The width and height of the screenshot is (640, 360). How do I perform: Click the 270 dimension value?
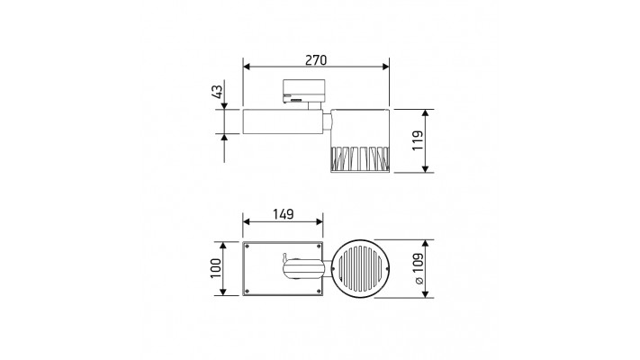click(x=316, y=60)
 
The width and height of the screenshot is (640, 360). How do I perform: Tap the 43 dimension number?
click(x=218, y=92)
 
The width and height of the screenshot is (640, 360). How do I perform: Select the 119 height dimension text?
click(x=417, y=140)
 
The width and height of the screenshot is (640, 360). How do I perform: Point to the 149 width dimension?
click(x=284, y=214)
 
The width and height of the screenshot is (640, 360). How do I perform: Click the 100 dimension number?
click(x=215, y=268)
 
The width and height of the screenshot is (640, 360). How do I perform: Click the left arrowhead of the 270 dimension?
click(x=246, y=67)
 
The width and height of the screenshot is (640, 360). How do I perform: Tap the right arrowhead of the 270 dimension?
click(x=386, y=67)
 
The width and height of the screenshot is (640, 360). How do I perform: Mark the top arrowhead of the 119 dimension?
click(x=426, y=113)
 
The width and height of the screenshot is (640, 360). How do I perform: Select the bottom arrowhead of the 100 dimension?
click(x=223, y=292)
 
